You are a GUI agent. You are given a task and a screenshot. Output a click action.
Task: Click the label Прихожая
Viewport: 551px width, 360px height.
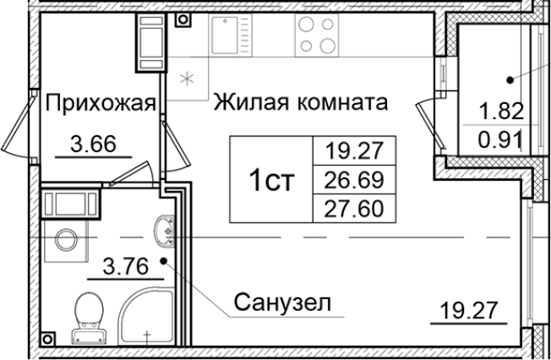[x=100, y=104]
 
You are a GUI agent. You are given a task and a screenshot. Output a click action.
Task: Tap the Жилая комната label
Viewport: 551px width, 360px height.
[x=300, y=104]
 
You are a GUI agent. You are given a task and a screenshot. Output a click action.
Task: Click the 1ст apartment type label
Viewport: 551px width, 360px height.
[x=273, y=180]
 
